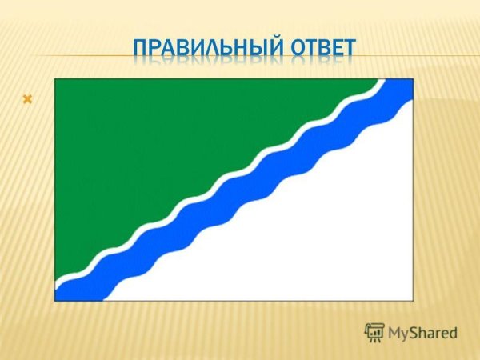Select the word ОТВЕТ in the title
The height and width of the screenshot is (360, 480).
pyautogui.click(x=323, y=48)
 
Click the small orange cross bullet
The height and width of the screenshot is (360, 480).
pyautogui.click(x=27, y=99)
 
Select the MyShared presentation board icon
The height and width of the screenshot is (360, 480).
pyautogui.click(x=374, y=333)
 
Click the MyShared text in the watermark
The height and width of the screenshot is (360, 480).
pyautogui.click(x=422, y=333)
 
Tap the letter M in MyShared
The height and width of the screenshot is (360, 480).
pyautogui.click(x=394, y=333)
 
